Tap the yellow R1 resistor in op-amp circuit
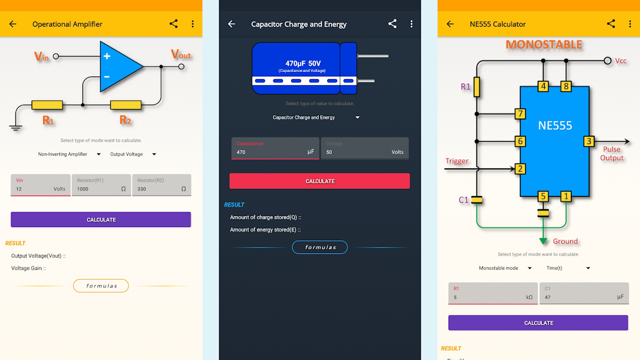(47, 105)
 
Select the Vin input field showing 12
(40, 185)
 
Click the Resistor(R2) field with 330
(162, 185)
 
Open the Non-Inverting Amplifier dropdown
(69, 155)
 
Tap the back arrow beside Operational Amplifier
(13, 24)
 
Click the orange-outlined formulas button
(101, 286)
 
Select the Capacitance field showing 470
(275, 148)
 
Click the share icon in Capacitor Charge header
(393, 24)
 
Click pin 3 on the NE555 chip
(589, 141)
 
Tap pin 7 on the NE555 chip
(520, 114)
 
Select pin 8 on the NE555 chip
(565, 86)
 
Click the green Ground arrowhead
(544, 241)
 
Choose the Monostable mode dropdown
(505, 268)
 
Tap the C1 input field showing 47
(584, 293)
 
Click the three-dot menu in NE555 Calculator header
(630, 24)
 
